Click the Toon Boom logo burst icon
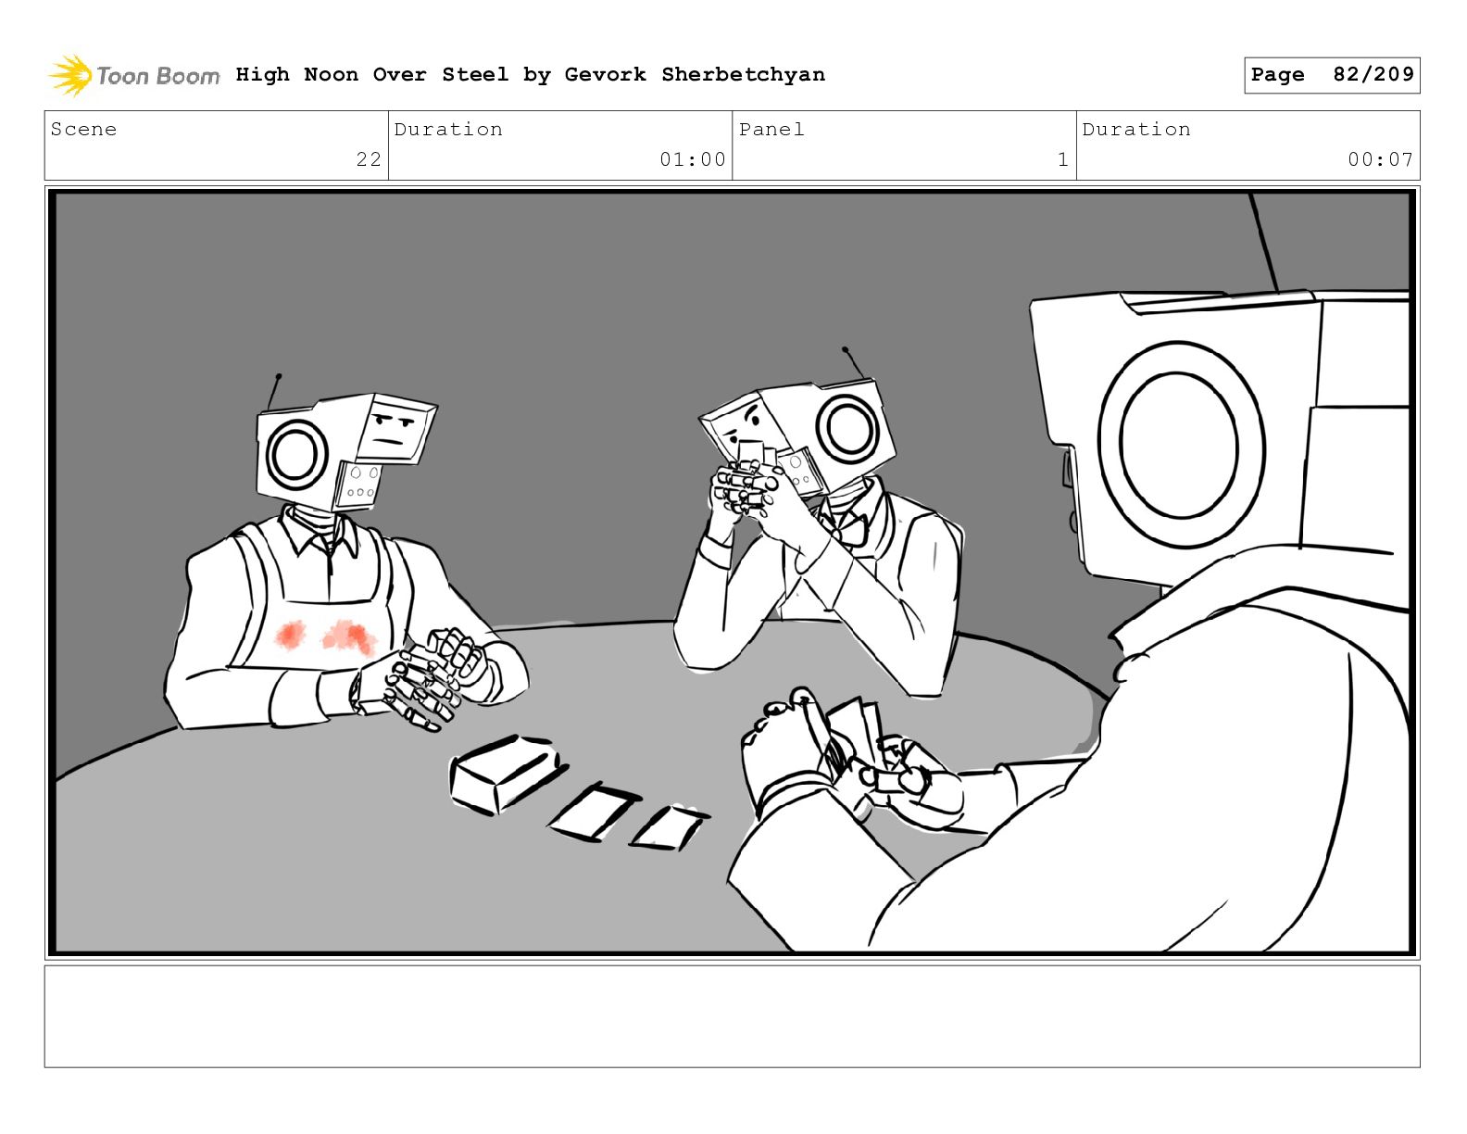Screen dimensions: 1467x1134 (70, 75)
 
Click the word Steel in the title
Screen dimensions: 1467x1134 (474, 74)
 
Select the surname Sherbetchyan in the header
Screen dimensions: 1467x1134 (743, 75)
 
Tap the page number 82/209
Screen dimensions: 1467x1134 (1373, 74)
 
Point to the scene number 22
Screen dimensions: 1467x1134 (369, 159)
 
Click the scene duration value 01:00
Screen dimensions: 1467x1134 (692, 159)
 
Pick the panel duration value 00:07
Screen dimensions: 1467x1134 (1380, 159)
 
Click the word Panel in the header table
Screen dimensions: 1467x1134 (771, 129)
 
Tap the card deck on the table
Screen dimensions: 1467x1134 (507, 774)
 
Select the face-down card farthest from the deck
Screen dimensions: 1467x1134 (669, 827)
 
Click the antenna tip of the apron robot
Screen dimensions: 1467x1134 (279, 375)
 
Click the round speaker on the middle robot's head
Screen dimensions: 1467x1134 (848, 428)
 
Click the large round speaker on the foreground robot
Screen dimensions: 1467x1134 (1180, 445)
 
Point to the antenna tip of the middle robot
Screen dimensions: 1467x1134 (845, 349)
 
